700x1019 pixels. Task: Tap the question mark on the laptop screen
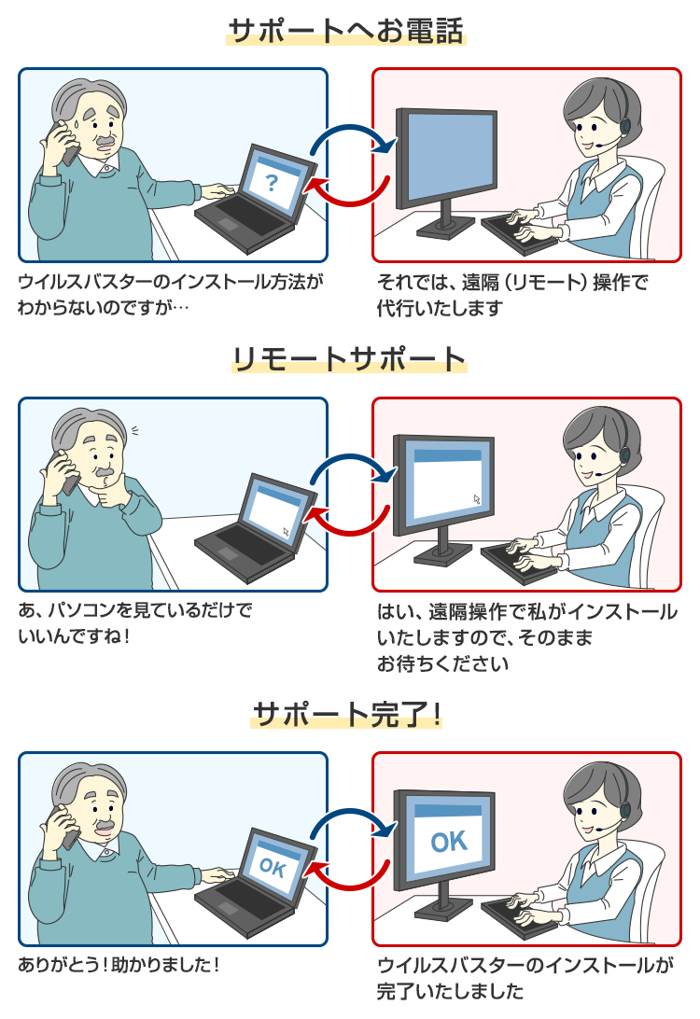point(272,182)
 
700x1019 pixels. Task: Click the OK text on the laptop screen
point(272,867)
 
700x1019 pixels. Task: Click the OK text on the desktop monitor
point(449,841)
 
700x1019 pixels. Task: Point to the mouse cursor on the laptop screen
point(287,532)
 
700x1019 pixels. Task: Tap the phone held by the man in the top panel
point(66,145)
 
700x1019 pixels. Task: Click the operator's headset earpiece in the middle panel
point(624,454)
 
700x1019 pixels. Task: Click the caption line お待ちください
point(442,664)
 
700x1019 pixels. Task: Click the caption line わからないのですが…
point(103,306)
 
